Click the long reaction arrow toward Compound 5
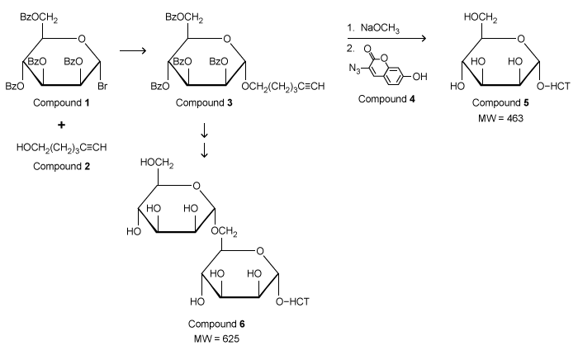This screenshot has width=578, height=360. (386, 39)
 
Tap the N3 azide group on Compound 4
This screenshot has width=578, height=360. (353, 79)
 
